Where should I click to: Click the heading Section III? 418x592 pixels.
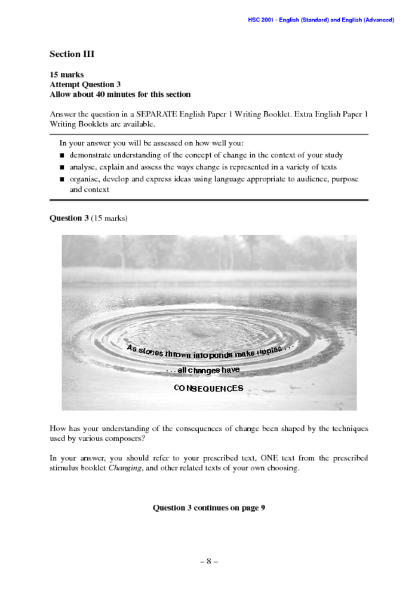72,54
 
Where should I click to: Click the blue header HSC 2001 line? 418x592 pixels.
321,20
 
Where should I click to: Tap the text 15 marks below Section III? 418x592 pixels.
66,75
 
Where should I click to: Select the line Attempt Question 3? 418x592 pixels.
85,85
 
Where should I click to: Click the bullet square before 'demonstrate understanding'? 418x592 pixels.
62,155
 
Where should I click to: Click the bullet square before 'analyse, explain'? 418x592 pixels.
62,167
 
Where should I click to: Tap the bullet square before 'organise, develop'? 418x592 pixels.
62,179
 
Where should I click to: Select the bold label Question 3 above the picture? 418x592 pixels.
69,218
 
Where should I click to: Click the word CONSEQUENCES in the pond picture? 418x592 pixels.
208,388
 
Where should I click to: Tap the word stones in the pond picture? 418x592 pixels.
150,352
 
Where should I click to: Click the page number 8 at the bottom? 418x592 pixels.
208,562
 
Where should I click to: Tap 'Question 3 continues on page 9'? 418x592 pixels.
208,508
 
